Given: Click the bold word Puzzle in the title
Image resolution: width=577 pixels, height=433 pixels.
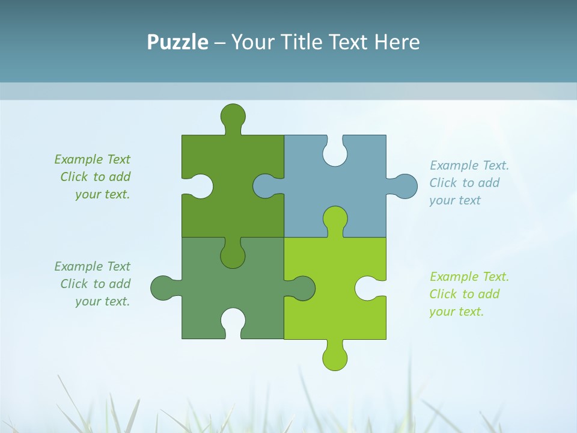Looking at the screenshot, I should coord(178,42).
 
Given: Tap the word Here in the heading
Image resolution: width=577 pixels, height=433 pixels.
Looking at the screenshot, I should coord(397,42).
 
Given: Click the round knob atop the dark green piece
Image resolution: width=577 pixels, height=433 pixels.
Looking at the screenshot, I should coord(233,115).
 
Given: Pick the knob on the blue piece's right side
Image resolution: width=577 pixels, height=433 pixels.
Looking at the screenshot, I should coord(405,186).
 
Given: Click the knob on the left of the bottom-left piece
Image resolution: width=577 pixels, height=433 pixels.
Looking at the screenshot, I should coord(162,288).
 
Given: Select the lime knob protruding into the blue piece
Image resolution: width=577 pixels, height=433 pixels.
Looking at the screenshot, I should coord(335,218).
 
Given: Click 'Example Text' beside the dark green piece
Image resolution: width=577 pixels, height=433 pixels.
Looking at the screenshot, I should coord(92,159).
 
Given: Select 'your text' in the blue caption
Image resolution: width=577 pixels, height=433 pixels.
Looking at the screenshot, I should coord(455,200).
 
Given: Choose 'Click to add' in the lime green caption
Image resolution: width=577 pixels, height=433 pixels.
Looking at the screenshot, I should coord(465,294).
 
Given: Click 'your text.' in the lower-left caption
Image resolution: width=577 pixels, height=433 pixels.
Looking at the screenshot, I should coord(102,301).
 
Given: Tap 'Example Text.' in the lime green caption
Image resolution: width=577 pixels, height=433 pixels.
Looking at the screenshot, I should coord(469,277).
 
